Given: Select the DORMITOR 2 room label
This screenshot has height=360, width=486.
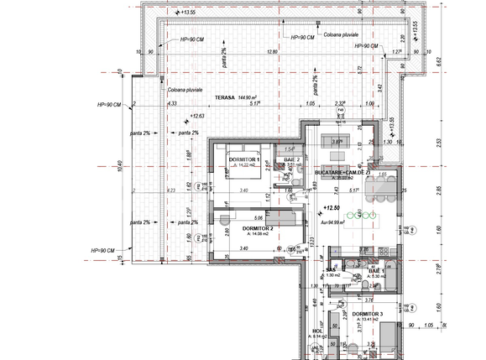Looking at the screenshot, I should tap(259, 228).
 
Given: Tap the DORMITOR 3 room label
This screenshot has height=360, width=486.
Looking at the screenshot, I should tap(368, 314).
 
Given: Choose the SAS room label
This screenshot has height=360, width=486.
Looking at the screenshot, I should tap(331, 269).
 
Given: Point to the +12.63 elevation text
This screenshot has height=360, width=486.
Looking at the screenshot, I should tap(197, 117).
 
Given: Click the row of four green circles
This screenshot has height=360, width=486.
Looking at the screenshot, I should tap(365, 215).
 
